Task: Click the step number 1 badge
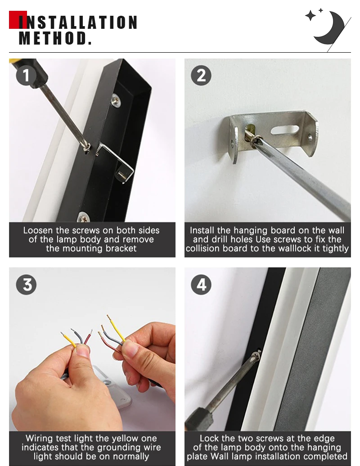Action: pos(26,76)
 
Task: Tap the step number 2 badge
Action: pos(201,76)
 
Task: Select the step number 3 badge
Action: pos(26,285)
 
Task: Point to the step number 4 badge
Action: pos(201,285)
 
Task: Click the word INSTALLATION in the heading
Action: pos(78,23)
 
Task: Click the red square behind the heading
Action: pos(18,20)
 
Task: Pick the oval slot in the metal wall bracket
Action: pos(284,130)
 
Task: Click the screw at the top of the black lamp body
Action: pos(116,100)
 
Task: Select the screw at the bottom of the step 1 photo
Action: pos(83,217)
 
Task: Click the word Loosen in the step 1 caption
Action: pos(38,231)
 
